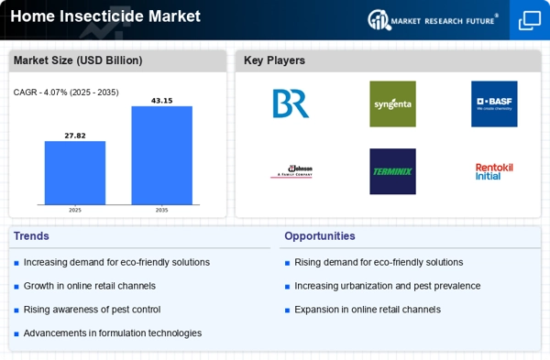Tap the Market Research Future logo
(x=434, y=19)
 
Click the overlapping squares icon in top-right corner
(x=529, y=20)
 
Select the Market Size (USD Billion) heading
(x=77, y=60)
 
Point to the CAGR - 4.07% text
(x=66, y=93)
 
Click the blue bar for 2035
(x=161, y=155)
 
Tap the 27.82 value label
(x=75, y=135)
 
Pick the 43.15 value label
(x=161, y=100)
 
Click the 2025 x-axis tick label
(x=75, y=210)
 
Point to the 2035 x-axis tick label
(x=161, y=210)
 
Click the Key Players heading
(x=274, y=60)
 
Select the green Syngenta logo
(x=392, y=104)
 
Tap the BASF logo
(x=493, y=104)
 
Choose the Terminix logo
(x=392, y=171)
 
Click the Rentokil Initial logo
(x=493, y=171)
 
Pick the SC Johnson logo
(x=291, y=171)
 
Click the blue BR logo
(x=291, y=104)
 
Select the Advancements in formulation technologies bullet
(x=112, y=333)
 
